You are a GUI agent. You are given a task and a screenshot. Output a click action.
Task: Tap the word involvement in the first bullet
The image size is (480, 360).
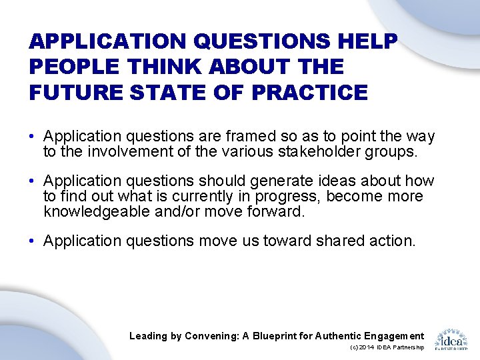[x=118, y=151]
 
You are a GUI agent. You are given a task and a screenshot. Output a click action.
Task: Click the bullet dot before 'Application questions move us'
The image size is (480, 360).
[x=32, y=241]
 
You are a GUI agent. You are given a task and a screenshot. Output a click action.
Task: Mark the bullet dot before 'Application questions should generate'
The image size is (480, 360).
[x=32, y=181]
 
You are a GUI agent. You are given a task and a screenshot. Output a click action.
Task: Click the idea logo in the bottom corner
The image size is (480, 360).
[x=451, y=339]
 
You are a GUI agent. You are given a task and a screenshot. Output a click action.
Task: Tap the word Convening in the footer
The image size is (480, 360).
[x=209, y=336]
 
